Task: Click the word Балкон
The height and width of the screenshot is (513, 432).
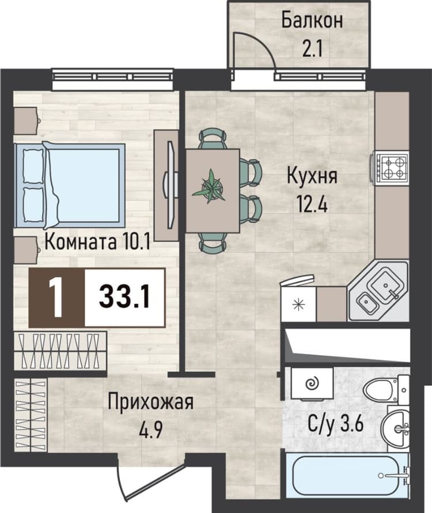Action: [312, 20]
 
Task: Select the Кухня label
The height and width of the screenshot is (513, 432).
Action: [312, 176]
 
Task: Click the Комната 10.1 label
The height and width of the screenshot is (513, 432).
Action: [97, 242]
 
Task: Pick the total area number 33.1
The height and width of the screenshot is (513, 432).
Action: [124, 297]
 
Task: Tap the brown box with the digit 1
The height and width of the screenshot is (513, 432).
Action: [57, 298]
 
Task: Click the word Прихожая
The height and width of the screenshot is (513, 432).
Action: [151, 402]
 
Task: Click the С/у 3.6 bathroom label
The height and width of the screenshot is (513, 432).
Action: [336, 425]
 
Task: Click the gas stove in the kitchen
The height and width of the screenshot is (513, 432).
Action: [392, 168]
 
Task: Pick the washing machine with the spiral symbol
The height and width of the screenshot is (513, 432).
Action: [312, 383]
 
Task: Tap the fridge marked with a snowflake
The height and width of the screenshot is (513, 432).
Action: [298, 304]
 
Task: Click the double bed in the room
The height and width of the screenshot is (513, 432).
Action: [69, 185]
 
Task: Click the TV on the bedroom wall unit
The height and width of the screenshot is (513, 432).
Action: [171, 185]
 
